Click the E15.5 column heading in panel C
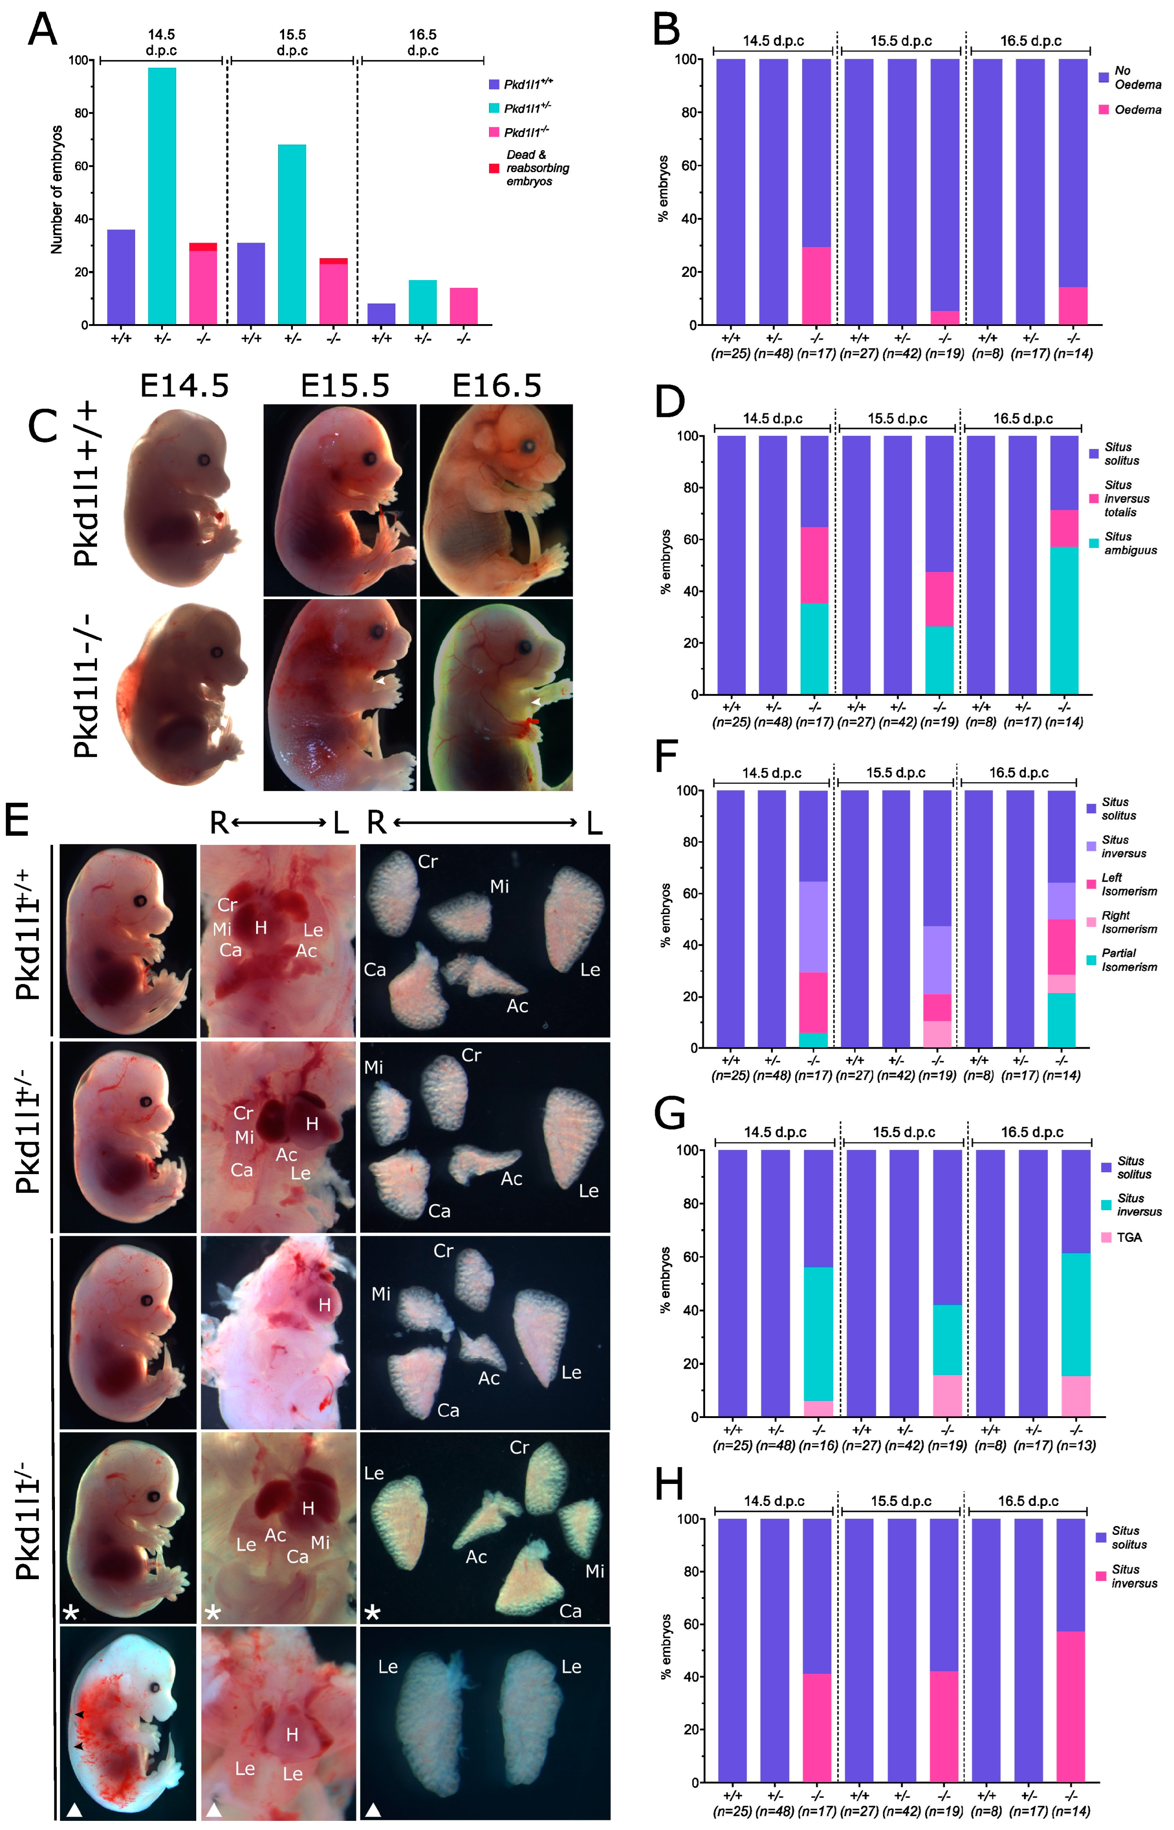pyautogui.click(x=345, y=387)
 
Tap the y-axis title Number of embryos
pyautogui.click(x=56, y=190)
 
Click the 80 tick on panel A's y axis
pyautogui.click(x=79, y=113)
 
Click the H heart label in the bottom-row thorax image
pyautogui.click(x=292, y=1735)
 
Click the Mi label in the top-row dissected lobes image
pyautogui.click(x=499, y=886)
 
